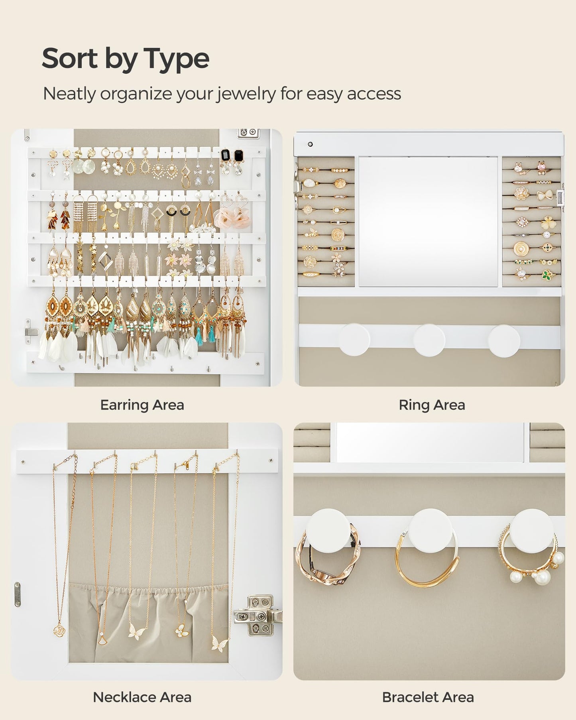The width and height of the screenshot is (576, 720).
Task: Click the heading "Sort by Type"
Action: tap(126, 59)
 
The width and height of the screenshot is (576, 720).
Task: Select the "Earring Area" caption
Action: tap(142, 405)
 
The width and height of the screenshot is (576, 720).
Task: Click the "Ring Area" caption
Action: tap(432, 405)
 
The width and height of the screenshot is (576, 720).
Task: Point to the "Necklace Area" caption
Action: tap(142, 697)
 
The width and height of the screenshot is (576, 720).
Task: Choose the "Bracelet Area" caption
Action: tap(428, 697)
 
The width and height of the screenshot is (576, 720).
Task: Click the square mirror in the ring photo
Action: tap(428, 221)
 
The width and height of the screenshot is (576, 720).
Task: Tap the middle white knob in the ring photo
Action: tap(429, 340)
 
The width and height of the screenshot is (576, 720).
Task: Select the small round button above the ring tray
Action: tap(311, 144)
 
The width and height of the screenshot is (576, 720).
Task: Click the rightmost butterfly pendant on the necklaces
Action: tap(220, 643)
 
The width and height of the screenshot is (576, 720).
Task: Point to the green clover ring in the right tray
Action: tap(547, 274)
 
